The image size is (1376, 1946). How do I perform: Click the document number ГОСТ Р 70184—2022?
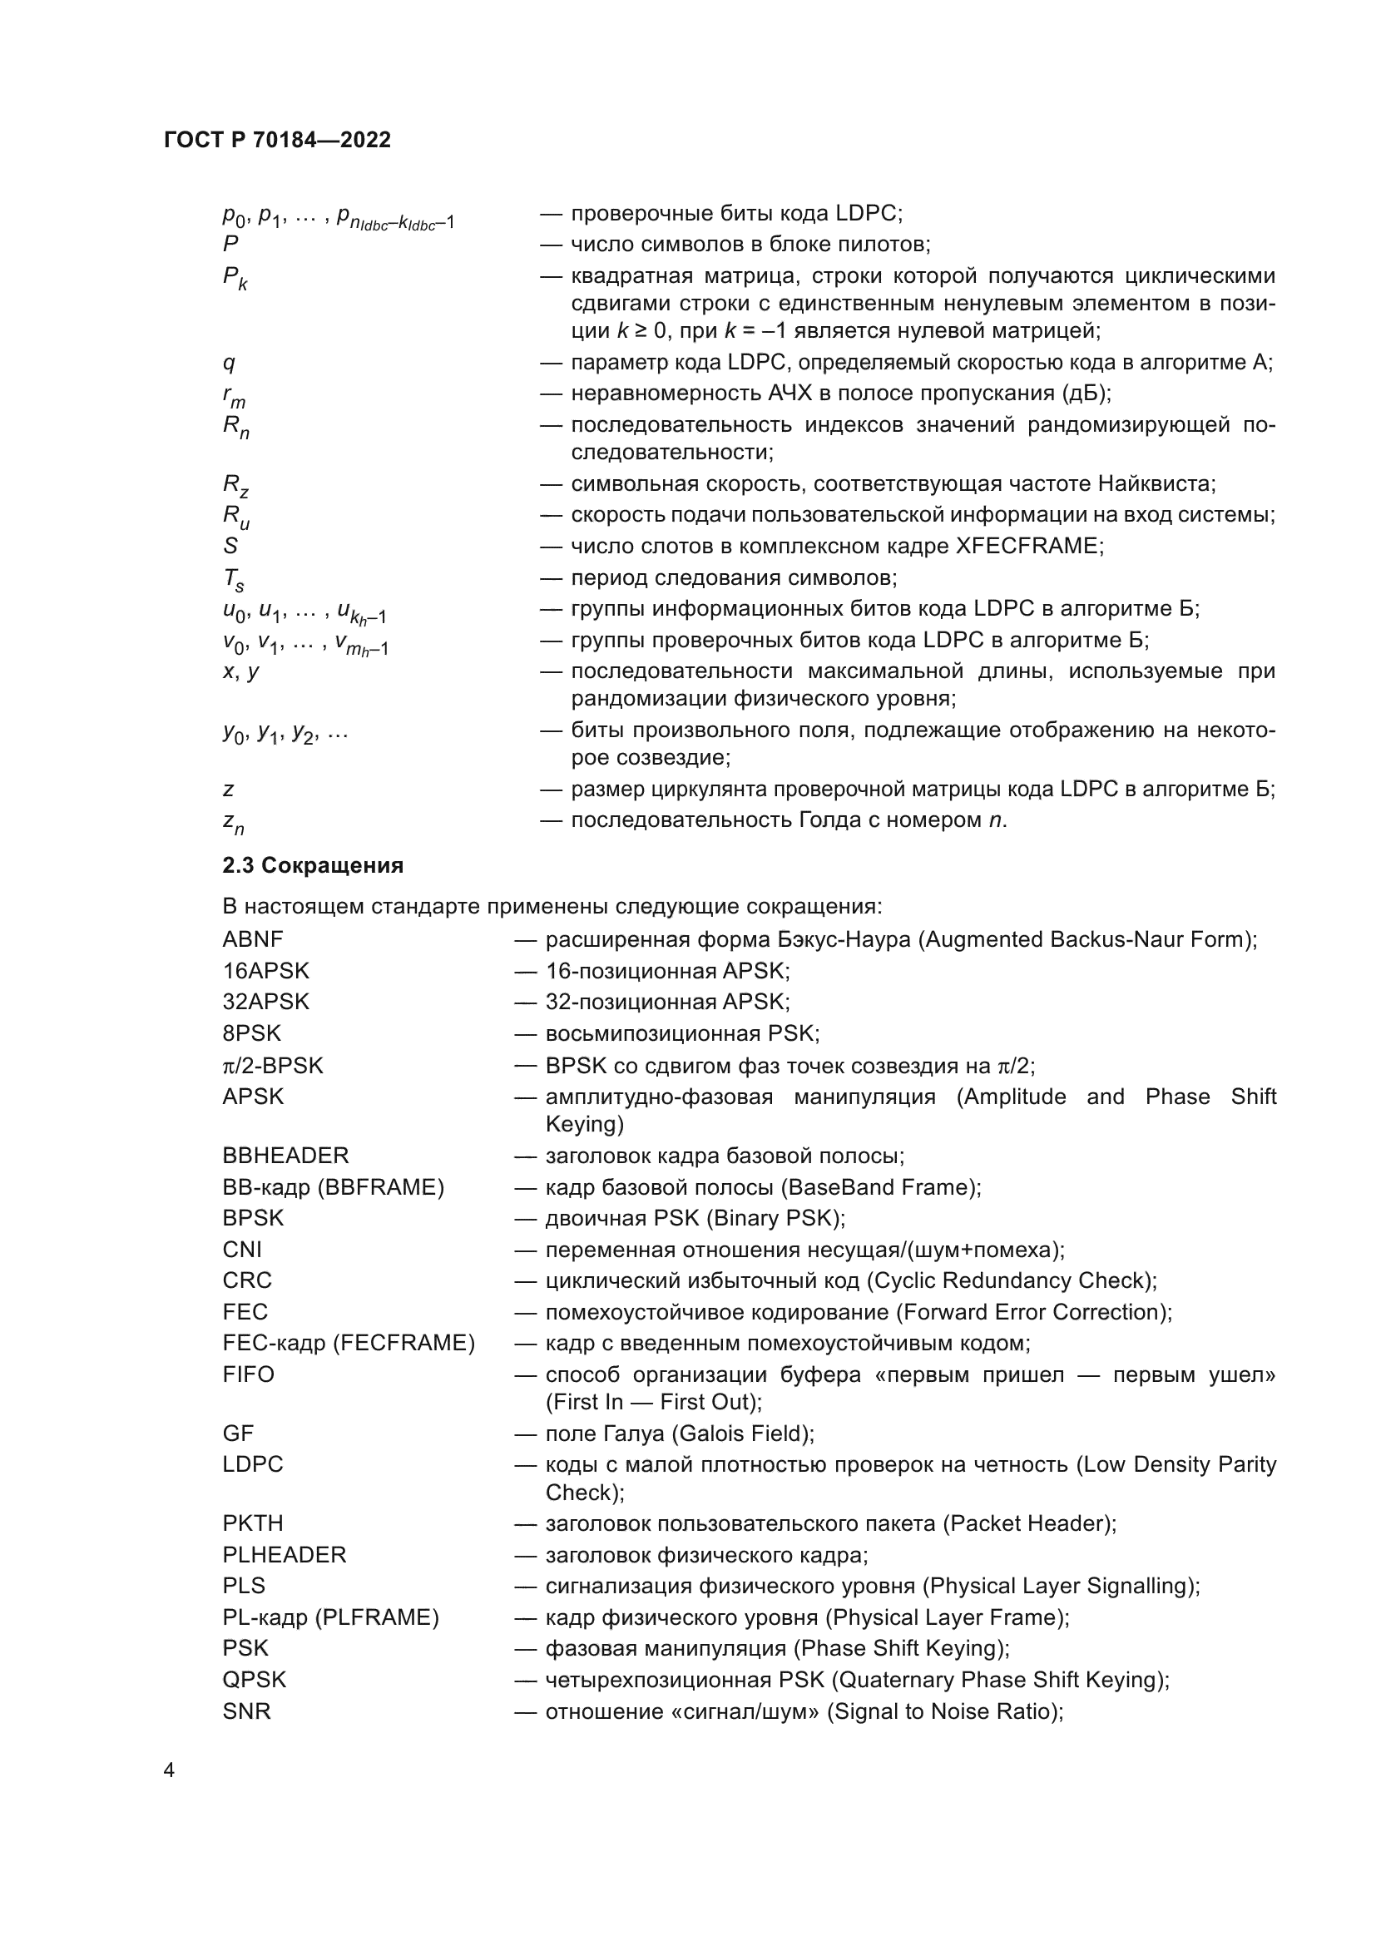(x=277, y=140)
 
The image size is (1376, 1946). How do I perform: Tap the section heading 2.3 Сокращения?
(x=313, y=865)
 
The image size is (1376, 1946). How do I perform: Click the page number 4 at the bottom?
(x=169, y=1770)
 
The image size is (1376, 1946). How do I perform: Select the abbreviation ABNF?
(x=253, y=939)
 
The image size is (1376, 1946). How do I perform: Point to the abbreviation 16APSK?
(x=265, y=970)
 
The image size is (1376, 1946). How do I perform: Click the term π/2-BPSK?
(x=272, y=1066)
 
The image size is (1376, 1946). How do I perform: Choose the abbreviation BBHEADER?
(x=285, y=1156)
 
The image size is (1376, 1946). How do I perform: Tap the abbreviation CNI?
(x=242, y=1250)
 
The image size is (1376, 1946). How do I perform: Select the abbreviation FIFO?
(x=248, y=1374)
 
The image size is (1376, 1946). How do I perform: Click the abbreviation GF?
(x=238, y=1434)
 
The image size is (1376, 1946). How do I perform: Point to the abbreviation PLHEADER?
(x=284, y=1554)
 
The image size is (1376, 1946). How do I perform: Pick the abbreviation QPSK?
(x=255, y=1679)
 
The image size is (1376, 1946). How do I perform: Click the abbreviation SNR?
(x=246, y=1711)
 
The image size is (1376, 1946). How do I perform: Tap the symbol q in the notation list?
(x=229, y=364)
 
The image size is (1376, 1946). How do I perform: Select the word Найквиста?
(x=1156, y=484)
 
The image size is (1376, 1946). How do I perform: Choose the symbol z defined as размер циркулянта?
(x=228, y=790)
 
